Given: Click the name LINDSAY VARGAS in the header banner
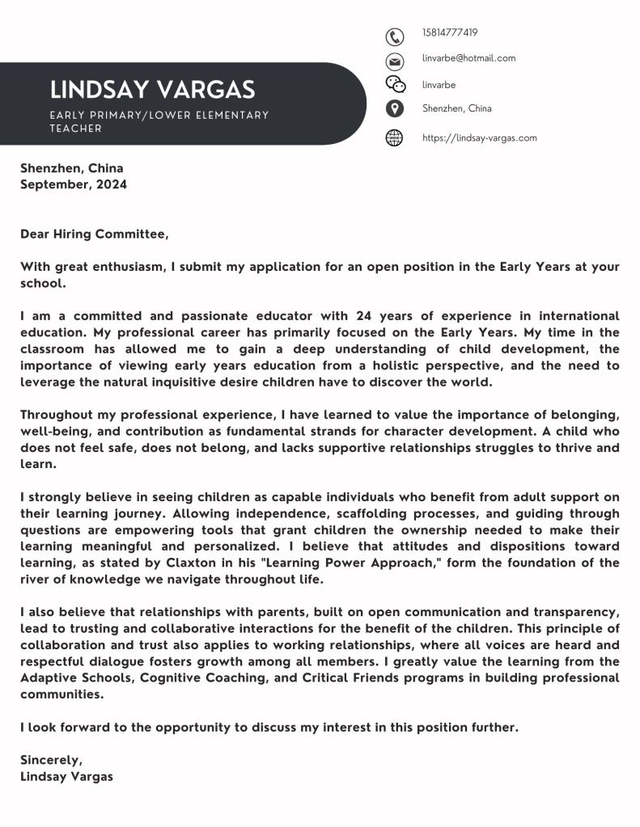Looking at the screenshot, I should coord(152,89).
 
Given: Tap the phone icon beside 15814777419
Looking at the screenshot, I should coord(394,36).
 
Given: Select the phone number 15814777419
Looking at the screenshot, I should coord(450,33).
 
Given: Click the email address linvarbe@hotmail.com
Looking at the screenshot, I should coord(468,58).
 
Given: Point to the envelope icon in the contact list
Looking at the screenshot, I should coord(394,61).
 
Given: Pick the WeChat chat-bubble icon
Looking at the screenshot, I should coord(395,85).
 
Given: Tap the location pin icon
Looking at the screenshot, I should coord(394,109).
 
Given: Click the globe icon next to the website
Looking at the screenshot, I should coord(394,137).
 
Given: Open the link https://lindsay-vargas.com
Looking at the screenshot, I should coord(479,137).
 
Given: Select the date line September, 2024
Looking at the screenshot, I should coord(74,184).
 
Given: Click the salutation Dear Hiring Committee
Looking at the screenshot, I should coord(95,234).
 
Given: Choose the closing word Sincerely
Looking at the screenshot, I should coord(51,760).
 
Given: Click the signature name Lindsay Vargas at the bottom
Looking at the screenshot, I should coord(67,776).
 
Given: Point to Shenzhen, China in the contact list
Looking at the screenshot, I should coord(456,108).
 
